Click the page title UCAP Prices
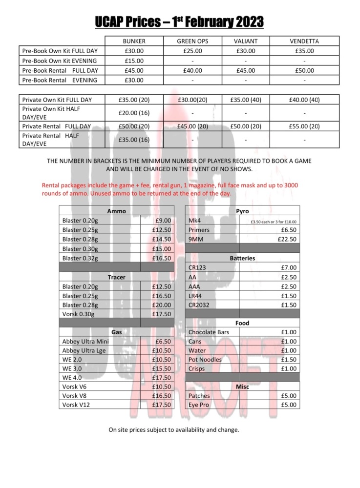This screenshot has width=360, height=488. [180, 21]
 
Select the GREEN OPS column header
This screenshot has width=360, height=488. [192, 41]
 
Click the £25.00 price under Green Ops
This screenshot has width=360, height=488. [192, 51]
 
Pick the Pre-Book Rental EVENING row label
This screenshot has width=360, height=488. [60, 80]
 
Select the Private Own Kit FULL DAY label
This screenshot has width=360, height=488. [57, 100]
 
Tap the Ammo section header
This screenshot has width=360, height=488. [116, 211]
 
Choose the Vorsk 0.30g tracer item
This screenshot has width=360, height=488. [79, 314]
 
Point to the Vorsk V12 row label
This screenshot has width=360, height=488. [76, 405]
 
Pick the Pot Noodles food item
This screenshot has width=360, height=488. [205, 360]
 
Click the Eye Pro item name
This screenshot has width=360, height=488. [199, 405]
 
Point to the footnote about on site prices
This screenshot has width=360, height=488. [173, 430]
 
